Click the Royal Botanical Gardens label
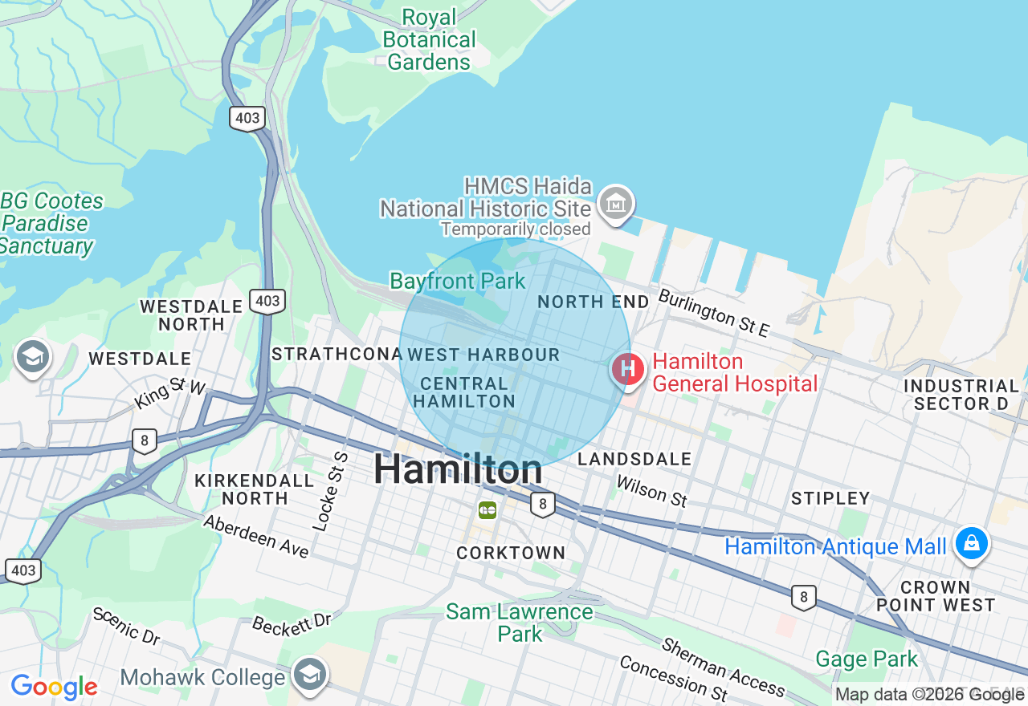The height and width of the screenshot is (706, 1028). (429, 39)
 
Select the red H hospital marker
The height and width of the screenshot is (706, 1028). (628, 370)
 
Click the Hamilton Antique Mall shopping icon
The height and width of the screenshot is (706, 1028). (971, 544)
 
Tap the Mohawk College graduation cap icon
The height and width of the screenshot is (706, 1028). (309, 675)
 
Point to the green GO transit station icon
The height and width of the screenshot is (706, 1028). (487, 509)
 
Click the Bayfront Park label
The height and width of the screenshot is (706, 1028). (458, 282)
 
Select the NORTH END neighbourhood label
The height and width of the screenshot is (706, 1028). (593, 302)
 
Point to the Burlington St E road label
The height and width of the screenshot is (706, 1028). (714, 313)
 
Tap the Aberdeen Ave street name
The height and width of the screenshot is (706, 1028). (256, 537)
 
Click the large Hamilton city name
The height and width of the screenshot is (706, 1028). (458, 469)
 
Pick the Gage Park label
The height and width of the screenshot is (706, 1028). (867, 659)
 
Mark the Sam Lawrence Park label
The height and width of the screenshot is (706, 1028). (520, 623)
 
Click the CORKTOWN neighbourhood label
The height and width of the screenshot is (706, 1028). (511, 553)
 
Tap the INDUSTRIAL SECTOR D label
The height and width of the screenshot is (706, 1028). (961, 395)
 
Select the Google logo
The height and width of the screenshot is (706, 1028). (54, 687)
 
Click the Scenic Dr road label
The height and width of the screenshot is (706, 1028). (126, 627)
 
